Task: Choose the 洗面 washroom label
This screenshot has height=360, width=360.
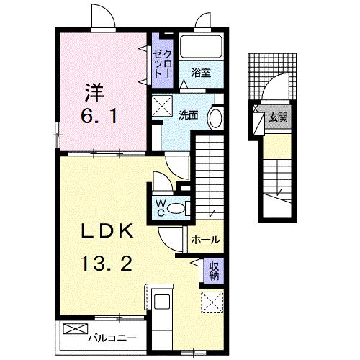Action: point(189,114)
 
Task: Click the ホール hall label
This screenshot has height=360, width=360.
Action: point(206,240)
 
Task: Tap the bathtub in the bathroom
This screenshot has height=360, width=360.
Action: point(202,47)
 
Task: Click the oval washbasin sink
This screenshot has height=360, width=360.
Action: point(215,117)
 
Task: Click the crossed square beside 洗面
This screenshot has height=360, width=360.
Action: point(161,104)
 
